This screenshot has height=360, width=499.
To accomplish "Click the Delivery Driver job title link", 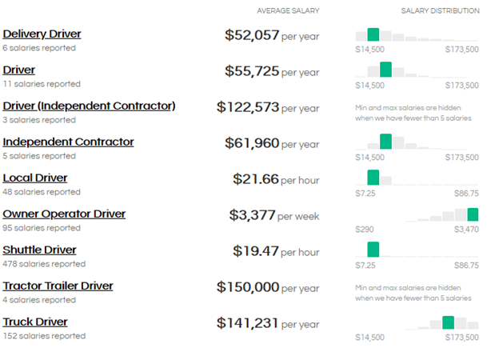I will (42, 34).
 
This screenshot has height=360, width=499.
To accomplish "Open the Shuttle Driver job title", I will (39, 250).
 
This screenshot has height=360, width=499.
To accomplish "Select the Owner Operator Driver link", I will (64, 214).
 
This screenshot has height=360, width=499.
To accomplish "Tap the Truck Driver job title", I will (35, 322).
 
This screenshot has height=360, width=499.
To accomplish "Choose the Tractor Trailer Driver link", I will (58, 286).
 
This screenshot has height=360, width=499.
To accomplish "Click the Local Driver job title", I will (35, 178).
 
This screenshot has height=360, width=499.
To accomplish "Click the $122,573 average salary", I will (248, 107).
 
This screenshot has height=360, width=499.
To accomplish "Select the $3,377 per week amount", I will (252, 215).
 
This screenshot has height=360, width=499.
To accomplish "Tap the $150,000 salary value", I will (248, 287).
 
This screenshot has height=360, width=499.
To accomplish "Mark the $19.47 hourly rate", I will (256, 251).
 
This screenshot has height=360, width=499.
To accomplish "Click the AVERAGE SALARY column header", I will (288, 11).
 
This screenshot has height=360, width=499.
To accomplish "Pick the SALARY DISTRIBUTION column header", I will (440, 11).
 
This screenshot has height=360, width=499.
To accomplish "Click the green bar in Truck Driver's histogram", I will (448, 322).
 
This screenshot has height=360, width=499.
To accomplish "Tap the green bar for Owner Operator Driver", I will (473, 214).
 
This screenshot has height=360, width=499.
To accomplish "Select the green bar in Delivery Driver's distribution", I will (373, 34).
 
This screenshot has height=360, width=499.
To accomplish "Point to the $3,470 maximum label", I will (465, 230).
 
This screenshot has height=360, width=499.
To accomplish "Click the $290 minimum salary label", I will (364, 230).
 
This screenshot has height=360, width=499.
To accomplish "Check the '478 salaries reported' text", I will (44, 264).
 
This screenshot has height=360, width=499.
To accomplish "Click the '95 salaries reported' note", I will (42, 228).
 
